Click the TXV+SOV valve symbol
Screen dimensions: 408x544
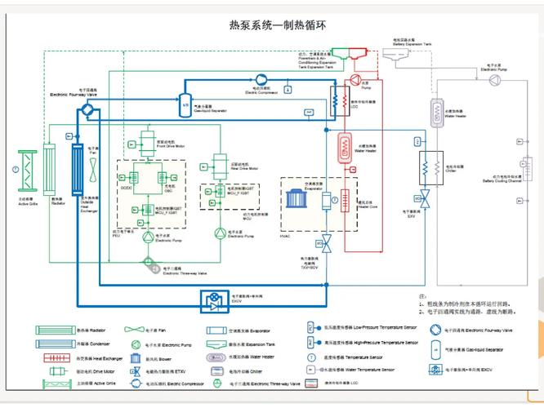(x=328, y=242)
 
